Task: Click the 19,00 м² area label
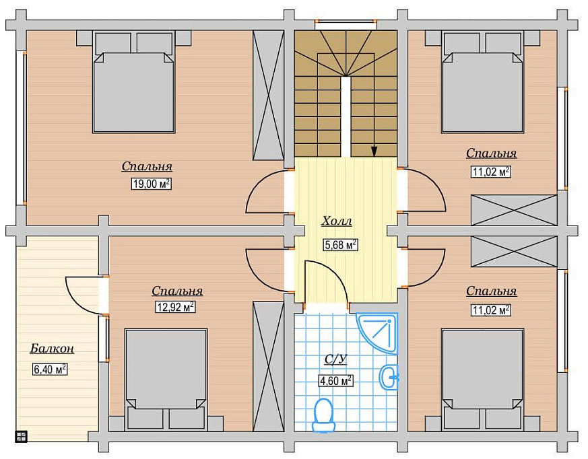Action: tap(151, 184)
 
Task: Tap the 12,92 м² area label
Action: tap(176, 308)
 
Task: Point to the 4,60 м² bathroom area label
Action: tap(335, 381)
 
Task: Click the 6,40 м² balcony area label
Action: tap(51, 369)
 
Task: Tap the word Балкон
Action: tap(52, 349)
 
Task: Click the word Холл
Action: tap(337, 221)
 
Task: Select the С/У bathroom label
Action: tap(335, 359)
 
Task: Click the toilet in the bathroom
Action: tap(323, 415)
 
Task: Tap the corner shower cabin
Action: tap(377, 333)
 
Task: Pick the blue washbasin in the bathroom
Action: tap(389, 378)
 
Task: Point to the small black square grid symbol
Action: tap(21, 437)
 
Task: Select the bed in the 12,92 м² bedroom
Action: tap(166, 379)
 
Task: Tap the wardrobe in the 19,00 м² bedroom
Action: tap(268, 96)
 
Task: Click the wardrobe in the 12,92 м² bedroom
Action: tap(268, 366)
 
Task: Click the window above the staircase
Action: tap(346, 24)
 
